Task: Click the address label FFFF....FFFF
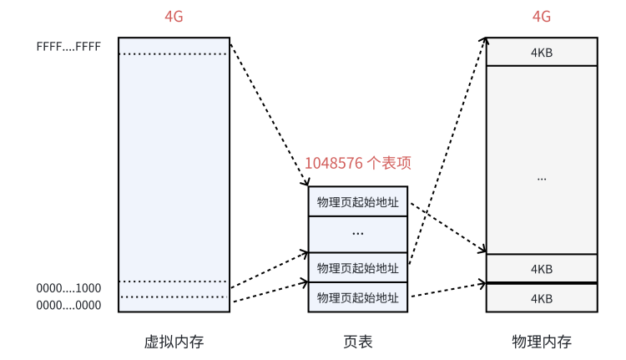[x=68, y=47]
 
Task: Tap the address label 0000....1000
[x=68, y=288]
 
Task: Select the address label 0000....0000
[x=68, y=305]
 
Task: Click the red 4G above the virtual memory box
[x=174, y=18]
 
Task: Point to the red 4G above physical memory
[x=541, y=18]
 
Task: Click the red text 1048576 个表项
[x=357, y=163]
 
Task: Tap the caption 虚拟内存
[x=174, y=342]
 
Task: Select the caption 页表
[x=358, y=342]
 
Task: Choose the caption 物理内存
[x=542, y=342]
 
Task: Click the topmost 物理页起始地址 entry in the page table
[x=358, y=201]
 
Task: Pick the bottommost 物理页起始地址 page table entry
[x=358, y=297]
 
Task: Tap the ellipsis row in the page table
[x=358, y=234]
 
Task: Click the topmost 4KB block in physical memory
[x=542, y=53]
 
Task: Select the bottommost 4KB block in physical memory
[x=542, y=298]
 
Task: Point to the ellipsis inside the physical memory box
[x=542, y=178]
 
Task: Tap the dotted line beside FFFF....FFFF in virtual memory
[x=174, y=54]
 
